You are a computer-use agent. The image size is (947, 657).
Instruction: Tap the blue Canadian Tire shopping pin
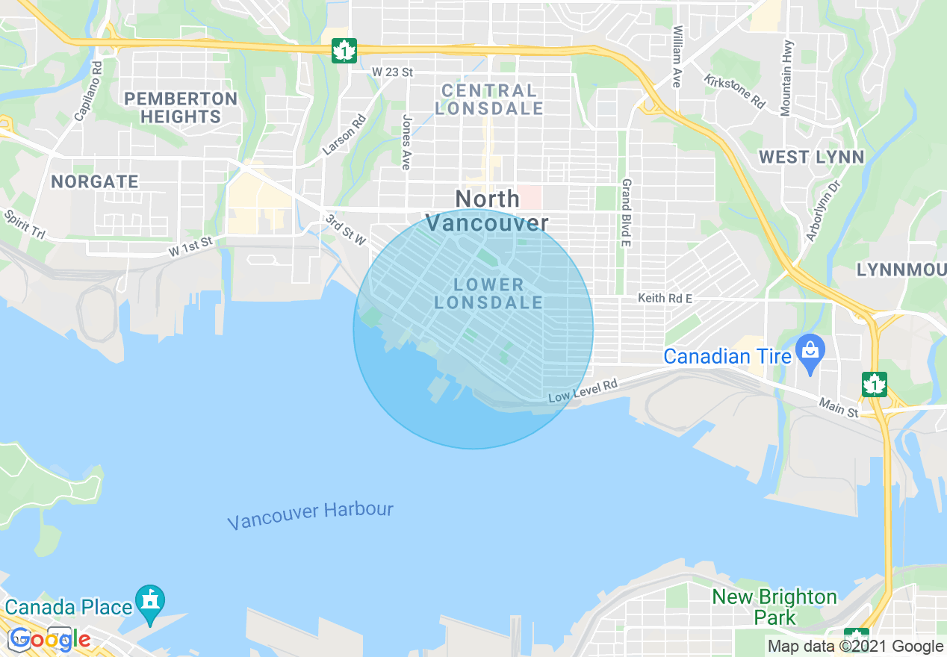tap(809, 355)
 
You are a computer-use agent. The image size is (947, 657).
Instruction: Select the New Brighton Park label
tap(774, 607)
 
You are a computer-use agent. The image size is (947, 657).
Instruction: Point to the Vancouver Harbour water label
tap(310, 516)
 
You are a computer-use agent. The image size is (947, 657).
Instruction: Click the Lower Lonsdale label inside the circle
tap(488, 293)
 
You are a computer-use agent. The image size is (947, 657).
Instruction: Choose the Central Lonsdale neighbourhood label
tap(488, 99)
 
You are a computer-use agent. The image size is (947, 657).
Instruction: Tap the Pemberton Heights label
tap(181, 108)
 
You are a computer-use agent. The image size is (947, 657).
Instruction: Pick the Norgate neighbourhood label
tap(95, 181)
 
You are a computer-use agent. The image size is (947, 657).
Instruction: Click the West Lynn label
tap(811, 157)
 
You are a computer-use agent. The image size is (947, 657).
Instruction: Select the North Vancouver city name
tap(487, 211)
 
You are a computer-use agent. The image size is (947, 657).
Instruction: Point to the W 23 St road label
tap(392, 72)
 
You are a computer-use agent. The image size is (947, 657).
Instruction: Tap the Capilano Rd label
tap(88, 90)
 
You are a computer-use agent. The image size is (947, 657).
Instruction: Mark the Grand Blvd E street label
tap(627, 212)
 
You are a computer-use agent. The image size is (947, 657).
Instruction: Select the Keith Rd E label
tap(665, 299)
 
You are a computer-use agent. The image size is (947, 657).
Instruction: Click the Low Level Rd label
tap(583, 390)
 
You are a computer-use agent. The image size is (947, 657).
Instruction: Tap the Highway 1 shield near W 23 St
tap(344, 51)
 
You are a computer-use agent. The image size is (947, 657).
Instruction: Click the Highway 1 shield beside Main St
tap(874, 384)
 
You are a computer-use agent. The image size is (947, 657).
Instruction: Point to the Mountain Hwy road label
tap(786, 78)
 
